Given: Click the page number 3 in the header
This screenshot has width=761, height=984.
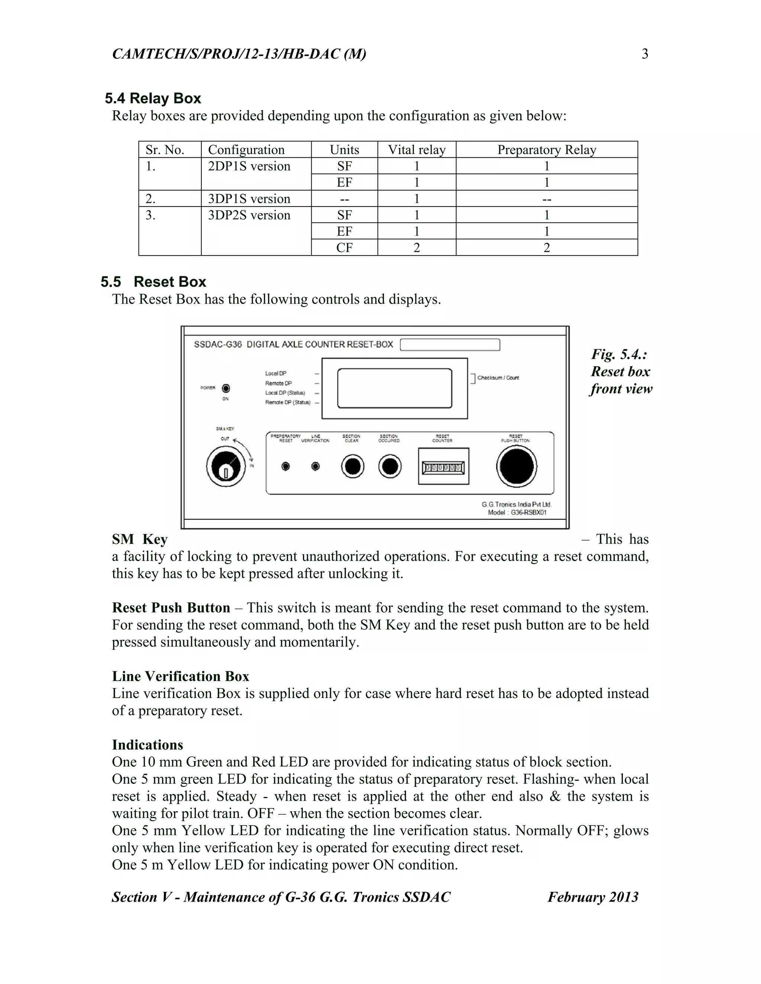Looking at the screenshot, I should tap(645, 54).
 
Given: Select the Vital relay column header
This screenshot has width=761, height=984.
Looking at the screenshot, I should tap(417, 150).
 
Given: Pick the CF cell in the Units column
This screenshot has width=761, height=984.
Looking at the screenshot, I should tap(344, 247).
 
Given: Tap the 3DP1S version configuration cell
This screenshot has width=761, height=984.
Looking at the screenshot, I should tap(249, 199).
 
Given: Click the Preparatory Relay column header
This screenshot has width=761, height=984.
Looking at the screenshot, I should tap(546, 150).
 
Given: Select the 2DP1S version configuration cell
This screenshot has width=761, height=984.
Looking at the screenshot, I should tap(249, 166).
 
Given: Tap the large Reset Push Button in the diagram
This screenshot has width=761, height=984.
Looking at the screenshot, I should tap(516, 466).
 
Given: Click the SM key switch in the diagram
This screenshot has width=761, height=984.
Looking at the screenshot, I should tap(226, 467).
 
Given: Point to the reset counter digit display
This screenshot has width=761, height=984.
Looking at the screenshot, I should tap(443, 467).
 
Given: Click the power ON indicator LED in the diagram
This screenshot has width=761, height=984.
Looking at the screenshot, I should tap(226, 388).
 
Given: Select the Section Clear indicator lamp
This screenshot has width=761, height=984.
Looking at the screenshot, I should tap(353, 466).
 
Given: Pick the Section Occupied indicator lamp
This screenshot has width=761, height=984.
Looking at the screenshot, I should tap(389, 466).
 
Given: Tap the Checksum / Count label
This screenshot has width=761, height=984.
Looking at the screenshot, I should tap(498, 378).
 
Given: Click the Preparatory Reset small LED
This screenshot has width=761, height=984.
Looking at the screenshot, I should tap(285, 466).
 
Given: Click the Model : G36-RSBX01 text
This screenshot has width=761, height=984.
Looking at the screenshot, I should tap(517, 512).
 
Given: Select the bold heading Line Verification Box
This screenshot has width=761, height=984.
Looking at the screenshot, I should tap(180, 676).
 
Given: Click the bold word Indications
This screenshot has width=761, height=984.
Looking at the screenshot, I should tap(148, 745).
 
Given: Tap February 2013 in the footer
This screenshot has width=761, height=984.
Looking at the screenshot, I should tap(593, 897).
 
